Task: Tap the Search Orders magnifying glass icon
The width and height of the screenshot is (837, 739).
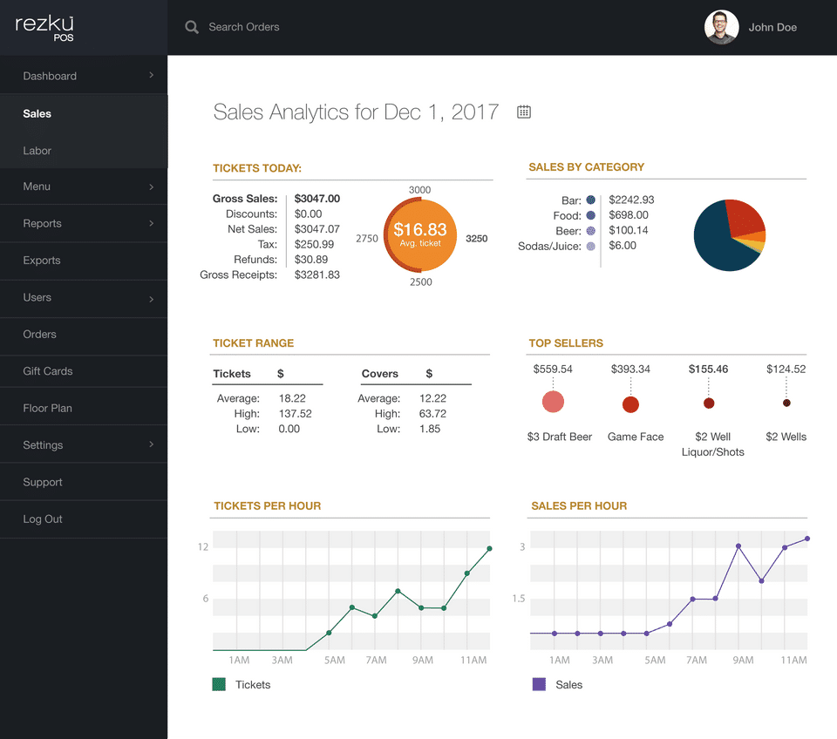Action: tap(192, 27)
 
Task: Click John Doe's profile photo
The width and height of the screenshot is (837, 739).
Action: tap(721, 27)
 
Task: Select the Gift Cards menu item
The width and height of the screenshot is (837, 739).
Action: tap(48, 371)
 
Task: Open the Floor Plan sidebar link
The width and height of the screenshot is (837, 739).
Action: tap(48, 408)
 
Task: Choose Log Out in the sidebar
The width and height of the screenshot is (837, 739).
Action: tap(43, 519)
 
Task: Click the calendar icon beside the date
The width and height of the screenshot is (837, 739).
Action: tap(524, 112)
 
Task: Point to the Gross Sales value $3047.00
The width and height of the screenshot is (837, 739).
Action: tap(317, 199)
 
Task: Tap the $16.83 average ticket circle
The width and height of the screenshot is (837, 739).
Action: tap(420, 234)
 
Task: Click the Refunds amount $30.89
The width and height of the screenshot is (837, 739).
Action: tap(311, 260)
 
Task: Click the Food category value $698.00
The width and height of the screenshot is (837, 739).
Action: tap(628, 215)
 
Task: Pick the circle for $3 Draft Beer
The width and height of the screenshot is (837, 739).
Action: tap(553, 402)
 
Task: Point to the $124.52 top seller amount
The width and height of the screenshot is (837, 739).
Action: tap(786, 369)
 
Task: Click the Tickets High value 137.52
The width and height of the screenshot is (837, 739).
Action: tap(295, 414)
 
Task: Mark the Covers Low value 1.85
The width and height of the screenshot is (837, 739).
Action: tap(430, 429)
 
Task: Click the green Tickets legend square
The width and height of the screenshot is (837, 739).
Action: tap(219, 685)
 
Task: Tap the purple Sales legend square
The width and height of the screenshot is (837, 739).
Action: tap(539, 685)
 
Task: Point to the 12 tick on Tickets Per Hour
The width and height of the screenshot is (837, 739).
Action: tap(203, 547)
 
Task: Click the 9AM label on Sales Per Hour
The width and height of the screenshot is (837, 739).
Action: tap(743, 661)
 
